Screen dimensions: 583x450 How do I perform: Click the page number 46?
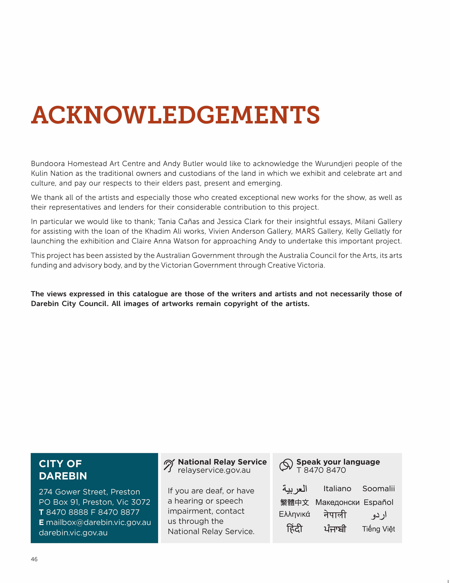34,559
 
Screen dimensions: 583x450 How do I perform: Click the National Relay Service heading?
222,462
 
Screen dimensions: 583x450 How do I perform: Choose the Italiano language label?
337,489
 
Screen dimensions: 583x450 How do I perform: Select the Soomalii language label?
378,489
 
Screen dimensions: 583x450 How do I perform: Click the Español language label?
378,502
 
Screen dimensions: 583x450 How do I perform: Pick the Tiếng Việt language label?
378,529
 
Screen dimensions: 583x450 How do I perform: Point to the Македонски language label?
337,502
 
